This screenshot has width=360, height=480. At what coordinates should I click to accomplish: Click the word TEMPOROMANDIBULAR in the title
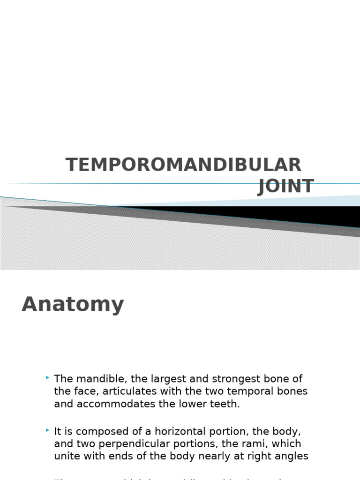click(x=183, y=165)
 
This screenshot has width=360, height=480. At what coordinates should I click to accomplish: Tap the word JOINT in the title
click(x=285, y=187)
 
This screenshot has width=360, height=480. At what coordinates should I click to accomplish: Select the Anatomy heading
click(x=73, y=304)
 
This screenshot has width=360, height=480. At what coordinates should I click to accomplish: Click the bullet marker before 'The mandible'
click(x=48, y=377)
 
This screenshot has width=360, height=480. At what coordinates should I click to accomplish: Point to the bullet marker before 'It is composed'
click(x=48, y=430)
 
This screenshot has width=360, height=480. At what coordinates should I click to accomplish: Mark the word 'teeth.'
click(x=227, y=404)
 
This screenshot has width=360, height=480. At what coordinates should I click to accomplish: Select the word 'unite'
click(x=66, y=456)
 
